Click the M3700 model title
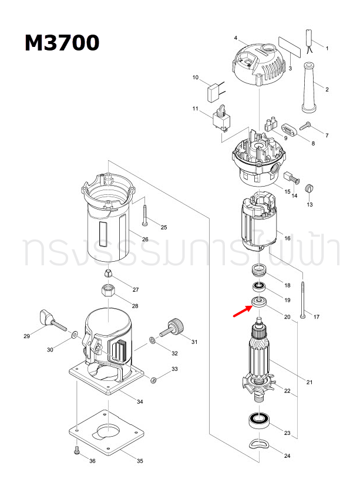(62, 43)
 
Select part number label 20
(287, 317)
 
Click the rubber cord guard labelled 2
(309, 88)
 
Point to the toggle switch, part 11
(221, 119)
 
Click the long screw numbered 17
(302, 300)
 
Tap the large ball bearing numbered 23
(258, 420)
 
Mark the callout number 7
(327, 136)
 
